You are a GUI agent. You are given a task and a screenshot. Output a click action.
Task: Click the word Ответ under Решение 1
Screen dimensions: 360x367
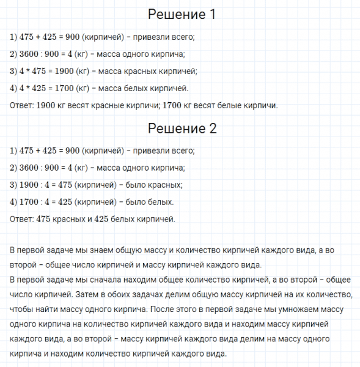point(22,105)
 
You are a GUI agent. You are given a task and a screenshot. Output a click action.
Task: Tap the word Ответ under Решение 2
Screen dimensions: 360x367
point(22,219)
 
